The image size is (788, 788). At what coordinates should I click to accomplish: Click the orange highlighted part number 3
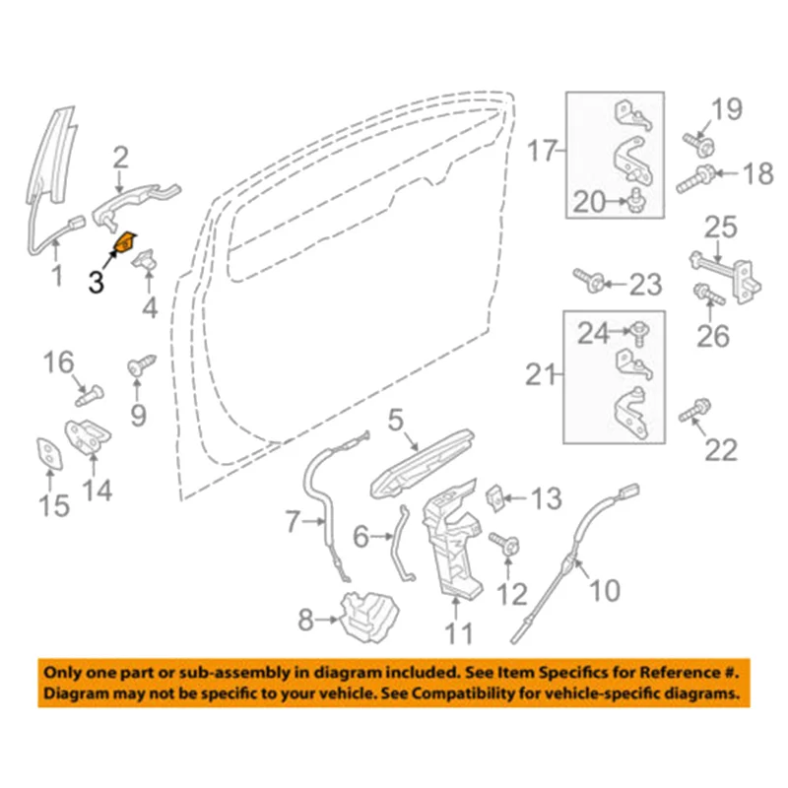pos(126,241)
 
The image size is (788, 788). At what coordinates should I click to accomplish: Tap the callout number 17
pos(543,152)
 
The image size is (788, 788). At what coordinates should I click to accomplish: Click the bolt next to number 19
pos(703,145)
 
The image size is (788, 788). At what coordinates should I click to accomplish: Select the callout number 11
pos(457,632)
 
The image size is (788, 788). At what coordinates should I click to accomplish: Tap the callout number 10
pos(605,591)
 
